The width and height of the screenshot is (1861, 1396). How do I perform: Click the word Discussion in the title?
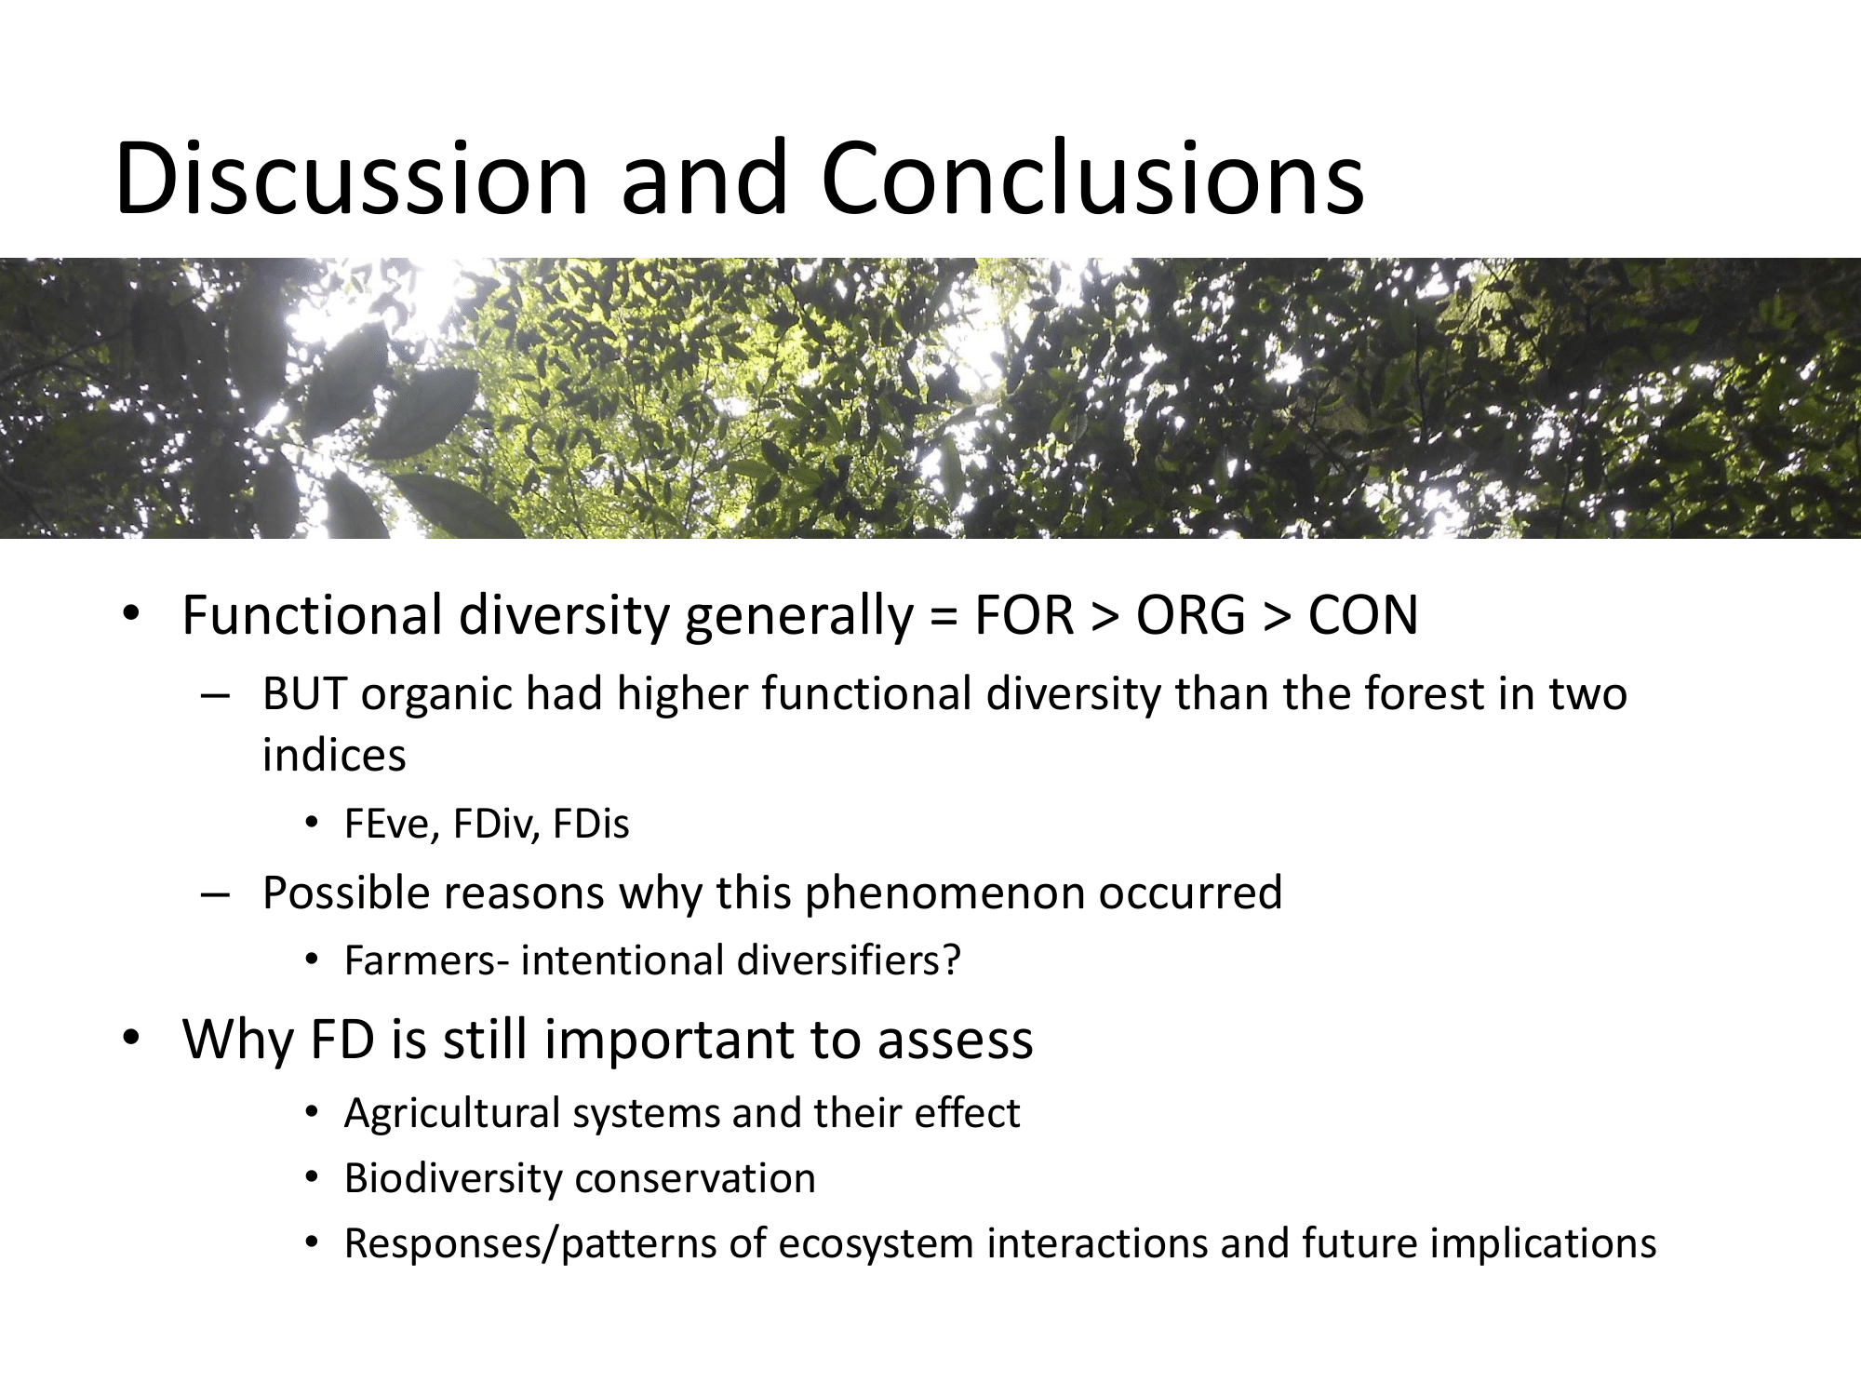point(352,178)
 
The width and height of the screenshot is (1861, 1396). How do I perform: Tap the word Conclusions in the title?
point(1092,178)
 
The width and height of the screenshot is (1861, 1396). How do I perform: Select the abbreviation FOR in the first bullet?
point(1024,615)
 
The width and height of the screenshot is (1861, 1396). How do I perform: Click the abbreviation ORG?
point(1190,615)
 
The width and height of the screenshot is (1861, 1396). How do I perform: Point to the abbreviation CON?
point(1363,615)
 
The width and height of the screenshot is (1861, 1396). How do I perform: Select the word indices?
point(334,755)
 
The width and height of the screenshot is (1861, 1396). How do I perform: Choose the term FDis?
point(591,825)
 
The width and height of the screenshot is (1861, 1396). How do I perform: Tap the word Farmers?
point(421,960)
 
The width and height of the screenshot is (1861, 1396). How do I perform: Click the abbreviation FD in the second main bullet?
point(342,1040)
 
